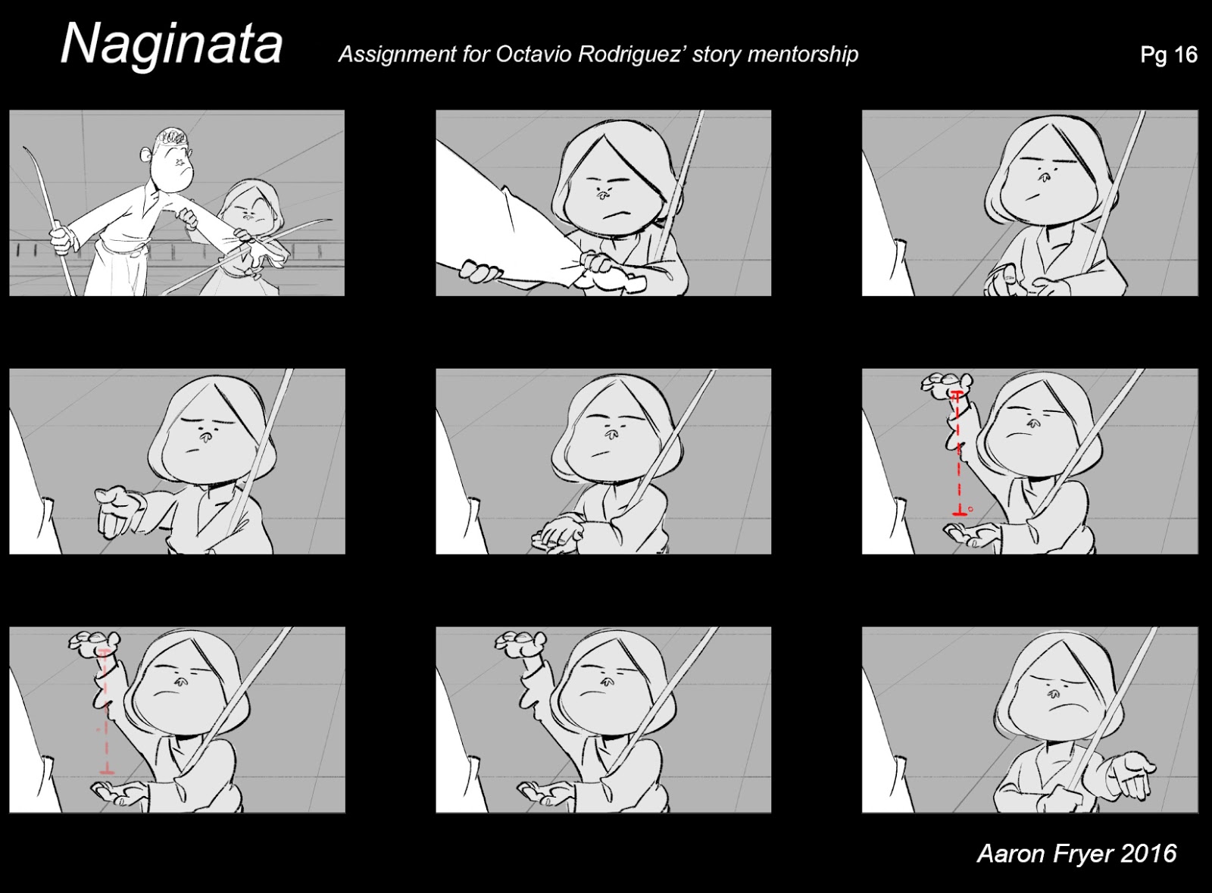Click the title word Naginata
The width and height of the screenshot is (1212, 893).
click(171, 44)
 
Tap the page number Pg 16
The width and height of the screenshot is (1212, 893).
click(1168, 55)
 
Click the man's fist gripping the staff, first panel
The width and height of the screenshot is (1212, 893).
click(61, 239)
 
